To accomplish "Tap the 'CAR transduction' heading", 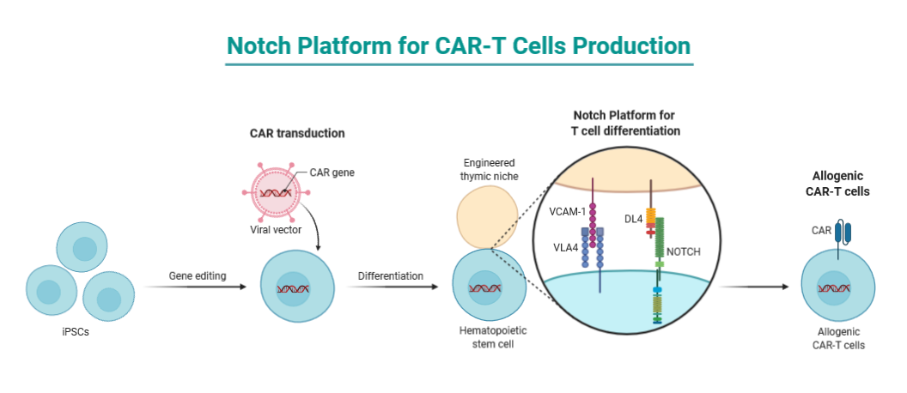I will [x=297, y=133].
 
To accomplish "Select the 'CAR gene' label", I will [x=332, y=172].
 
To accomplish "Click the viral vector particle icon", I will [x=275, y=194].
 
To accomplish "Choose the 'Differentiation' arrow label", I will [x=390, y=275].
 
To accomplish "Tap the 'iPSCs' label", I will [x=74, y=332].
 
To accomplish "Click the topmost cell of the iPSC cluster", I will [x=82, y=247].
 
